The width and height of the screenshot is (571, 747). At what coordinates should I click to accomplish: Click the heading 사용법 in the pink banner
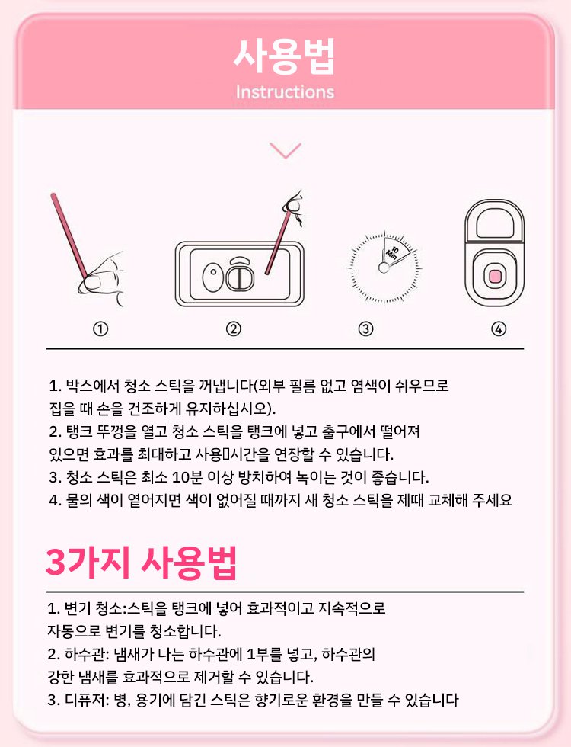point(285,56)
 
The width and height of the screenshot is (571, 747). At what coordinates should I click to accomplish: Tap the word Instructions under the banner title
point(285,92)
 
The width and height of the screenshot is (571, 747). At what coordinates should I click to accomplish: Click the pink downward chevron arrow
point(285,151)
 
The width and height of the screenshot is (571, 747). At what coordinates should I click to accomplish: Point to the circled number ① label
point(100,329)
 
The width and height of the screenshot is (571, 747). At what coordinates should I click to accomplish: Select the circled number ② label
point(233,329)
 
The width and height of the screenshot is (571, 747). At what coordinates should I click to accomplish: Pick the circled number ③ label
point(365,329)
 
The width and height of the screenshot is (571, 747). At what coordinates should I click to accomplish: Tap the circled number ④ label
point(498,329)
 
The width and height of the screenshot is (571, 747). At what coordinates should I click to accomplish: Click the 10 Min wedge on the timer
point(395,251)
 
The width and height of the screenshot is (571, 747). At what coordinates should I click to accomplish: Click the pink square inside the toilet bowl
point(495,276)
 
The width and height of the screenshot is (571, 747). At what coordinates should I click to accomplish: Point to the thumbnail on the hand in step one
point(95,283)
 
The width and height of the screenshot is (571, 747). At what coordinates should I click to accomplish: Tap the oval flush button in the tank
point(212,277)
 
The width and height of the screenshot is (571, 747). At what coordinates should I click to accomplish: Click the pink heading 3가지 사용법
point(142,563)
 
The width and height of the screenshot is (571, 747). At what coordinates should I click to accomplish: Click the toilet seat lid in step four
point(495,223)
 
